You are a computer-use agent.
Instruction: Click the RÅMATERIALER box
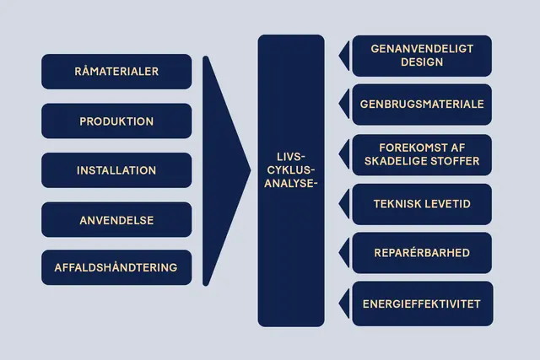116,72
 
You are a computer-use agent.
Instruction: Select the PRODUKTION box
116,121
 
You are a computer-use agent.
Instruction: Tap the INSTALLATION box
116,170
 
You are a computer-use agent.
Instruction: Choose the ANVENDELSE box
116,220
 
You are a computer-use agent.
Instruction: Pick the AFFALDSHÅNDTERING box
116,268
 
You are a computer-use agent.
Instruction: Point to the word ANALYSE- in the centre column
290,183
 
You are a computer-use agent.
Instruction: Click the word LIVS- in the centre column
290,157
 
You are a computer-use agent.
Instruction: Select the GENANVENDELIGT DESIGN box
422,56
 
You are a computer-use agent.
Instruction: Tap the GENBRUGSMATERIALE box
422,105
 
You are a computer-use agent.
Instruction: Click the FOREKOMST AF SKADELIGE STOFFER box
422,154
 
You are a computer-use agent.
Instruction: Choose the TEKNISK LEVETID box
422,204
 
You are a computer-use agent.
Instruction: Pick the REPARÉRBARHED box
422,253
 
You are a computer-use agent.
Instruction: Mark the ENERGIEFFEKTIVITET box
422,303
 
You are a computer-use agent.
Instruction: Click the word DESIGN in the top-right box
422,62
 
